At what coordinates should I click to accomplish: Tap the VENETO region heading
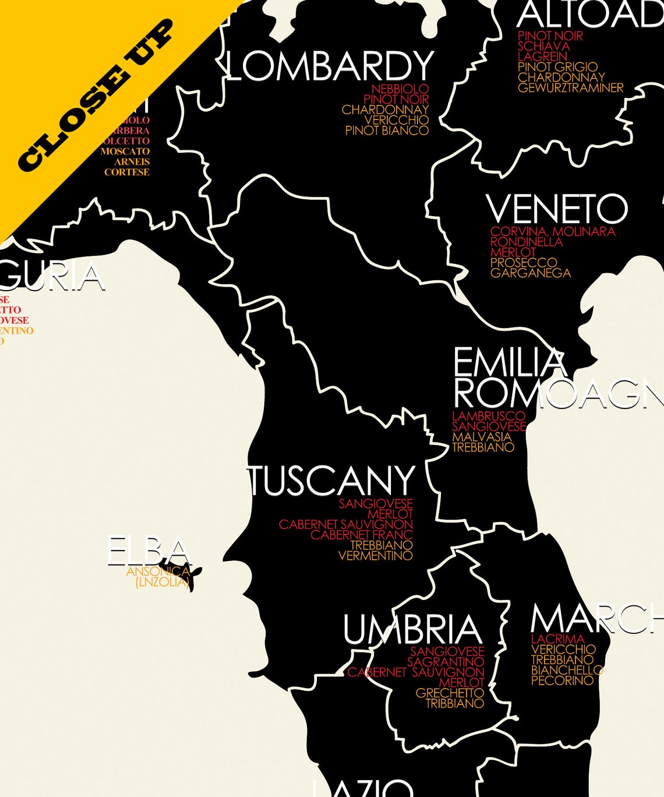click(x=557, y=209)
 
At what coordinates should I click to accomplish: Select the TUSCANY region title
click(x=331, y=481)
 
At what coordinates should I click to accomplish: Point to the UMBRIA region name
click(x=412, y=630)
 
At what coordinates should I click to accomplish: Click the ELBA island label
click(x=149, y=551)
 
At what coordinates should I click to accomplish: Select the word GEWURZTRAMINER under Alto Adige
click(x=570, y=88)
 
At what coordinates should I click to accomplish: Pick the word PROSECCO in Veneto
click(x=523, y=263)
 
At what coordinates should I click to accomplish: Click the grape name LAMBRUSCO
click(x=488, y=416)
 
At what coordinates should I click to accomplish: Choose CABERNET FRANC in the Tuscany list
click(x=361, y=535)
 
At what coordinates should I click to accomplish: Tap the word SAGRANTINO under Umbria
click(x=446, y=662)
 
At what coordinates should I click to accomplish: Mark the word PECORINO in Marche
click(x=562, y=680)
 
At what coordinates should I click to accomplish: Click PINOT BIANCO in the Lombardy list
click(x=387, y=131)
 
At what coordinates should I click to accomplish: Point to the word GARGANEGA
click(x=530, y=273)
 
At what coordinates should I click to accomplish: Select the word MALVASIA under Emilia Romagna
click(x=481, y=437)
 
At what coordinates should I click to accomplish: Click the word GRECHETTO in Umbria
click(x=450, y=693)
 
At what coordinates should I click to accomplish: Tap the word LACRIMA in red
click(x=557, y=639)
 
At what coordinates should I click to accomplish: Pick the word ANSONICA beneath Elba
click(x=157, y=572)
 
